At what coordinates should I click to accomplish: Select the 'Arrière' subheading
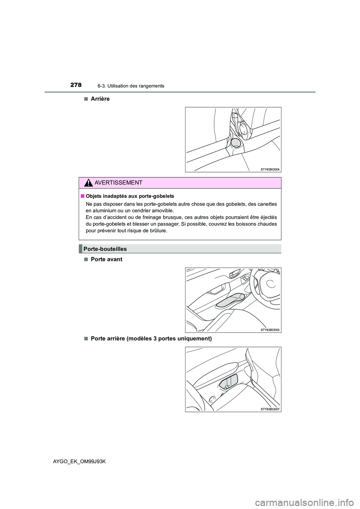tap(100, 99)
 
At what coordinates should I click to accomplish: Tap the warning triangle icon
tap(88, 183)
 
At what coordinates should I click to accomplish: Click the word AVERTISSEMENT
tap(118, 183)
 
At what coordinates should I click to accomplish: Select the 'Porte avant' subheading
tap(106, 259)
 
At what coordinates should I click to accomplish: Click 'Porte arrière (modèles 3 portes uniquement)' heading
tap(151, 338)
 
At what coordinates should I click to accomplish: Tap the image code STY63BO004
tap(270, 169)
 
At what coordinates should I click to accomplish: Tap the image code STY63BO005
tap(270, 330)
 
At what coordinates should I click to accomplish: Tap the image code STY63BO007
tap(270, 409)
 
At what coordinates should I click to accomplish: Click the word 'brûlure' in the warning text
tap(158, 231)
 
